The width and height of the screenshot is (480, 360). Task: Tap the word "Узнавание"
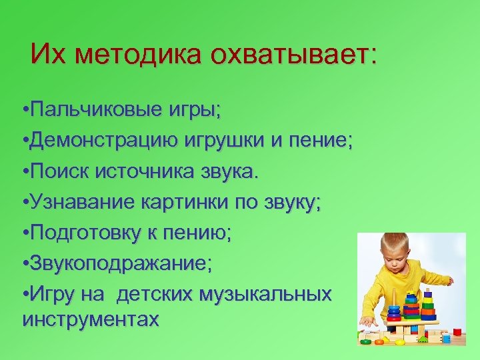83,203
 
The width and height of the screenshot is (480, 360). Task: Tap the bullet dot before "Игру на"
25,295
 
